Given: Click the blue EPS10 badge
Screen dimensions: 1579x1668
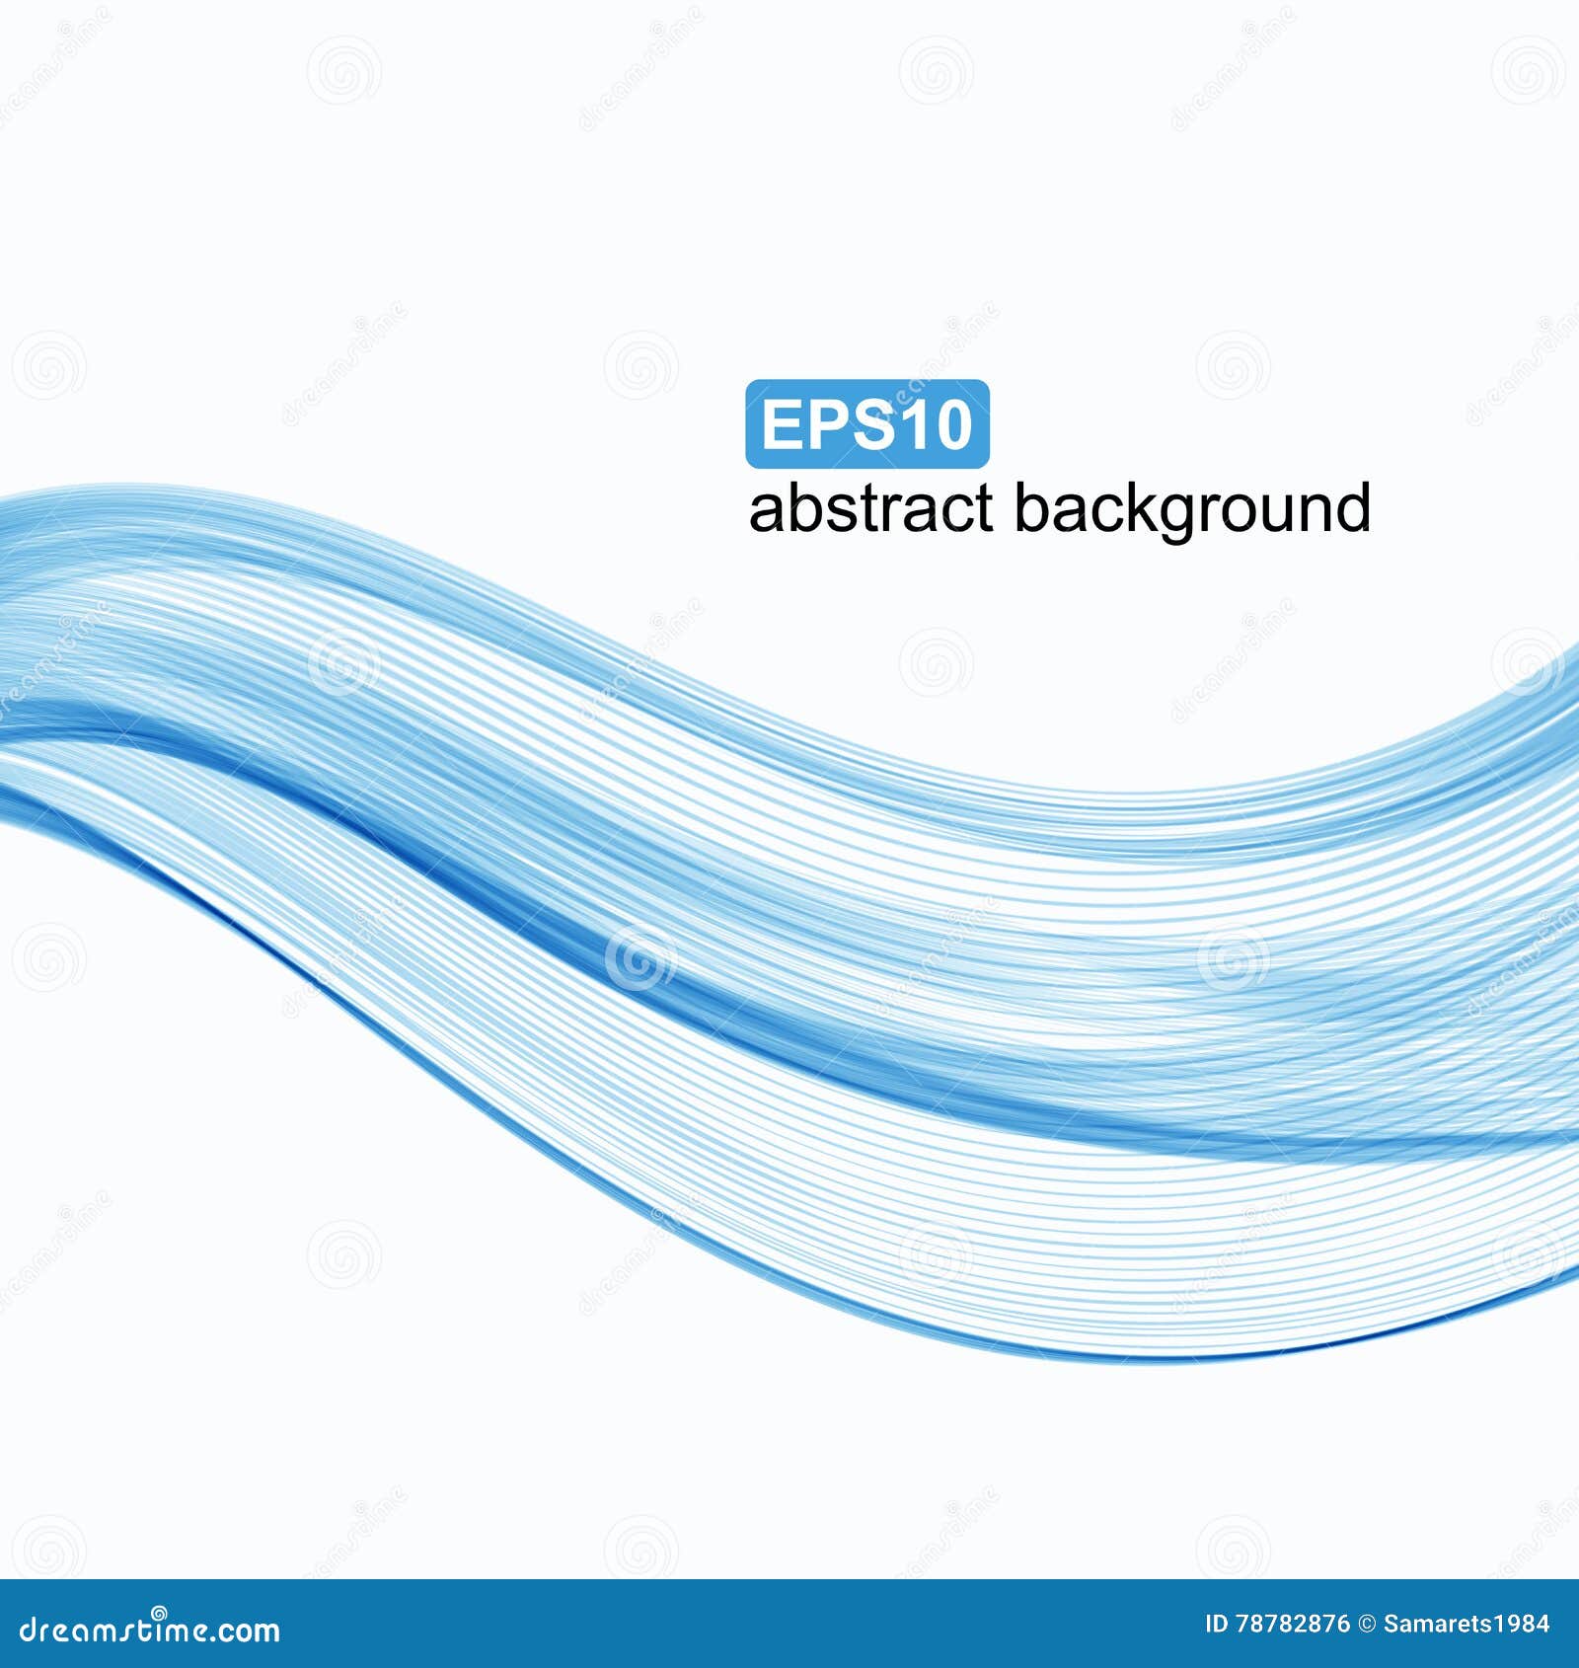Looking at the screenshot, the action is [x=867, y=423].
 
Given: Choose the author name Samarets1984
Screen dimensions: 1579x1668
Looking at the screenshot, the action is [x=1466, y=1625].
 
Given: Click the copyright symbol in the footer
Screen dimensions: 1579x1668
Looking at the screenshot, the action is [x=1367, y=1625].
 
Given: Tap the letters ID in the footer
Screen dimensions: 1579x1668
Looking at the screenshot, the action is [x=1218, y=1625].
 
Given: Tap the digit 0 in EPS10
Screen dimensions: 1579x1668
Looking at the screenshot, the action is [x=952, y=424].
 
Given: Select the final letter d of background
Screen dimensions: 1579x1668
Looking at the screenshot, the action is [x=1353, y=508].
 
